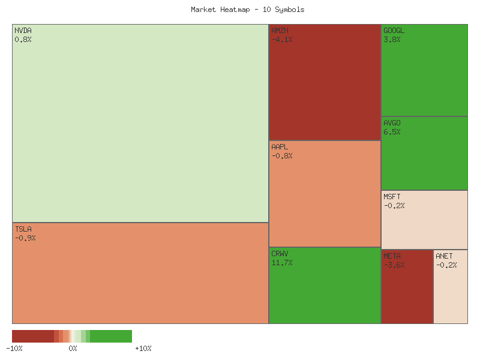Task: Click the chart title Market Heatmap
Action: point(247,10)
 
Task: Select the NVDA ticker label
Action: point(23,30)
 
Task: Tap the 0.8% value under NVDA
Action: point(23,40)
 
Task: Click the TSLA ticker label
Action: point(23,229)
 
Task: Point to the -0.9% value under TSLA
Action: point(25,238)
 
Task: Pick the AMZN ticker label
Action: point(280,30)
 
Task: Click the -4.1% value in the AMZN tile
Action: point(282,40)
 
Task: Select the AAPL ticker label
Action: point(280,146)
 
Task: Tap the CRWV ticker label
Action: point(280,253)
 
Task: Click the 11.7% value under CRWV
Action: point(282,263)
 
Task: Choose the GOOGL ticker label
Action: point(394,30)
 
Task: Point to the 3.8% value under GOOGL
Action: point(392,40)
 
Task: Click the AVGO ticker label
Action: point(392,123)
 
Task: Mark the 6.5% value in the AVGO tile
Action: point(392,132)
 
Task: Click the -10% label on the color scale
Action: point(14,349)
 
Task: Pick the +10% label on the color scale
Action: point(143,349)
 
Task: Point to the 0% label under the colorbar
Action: point(73,349)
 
